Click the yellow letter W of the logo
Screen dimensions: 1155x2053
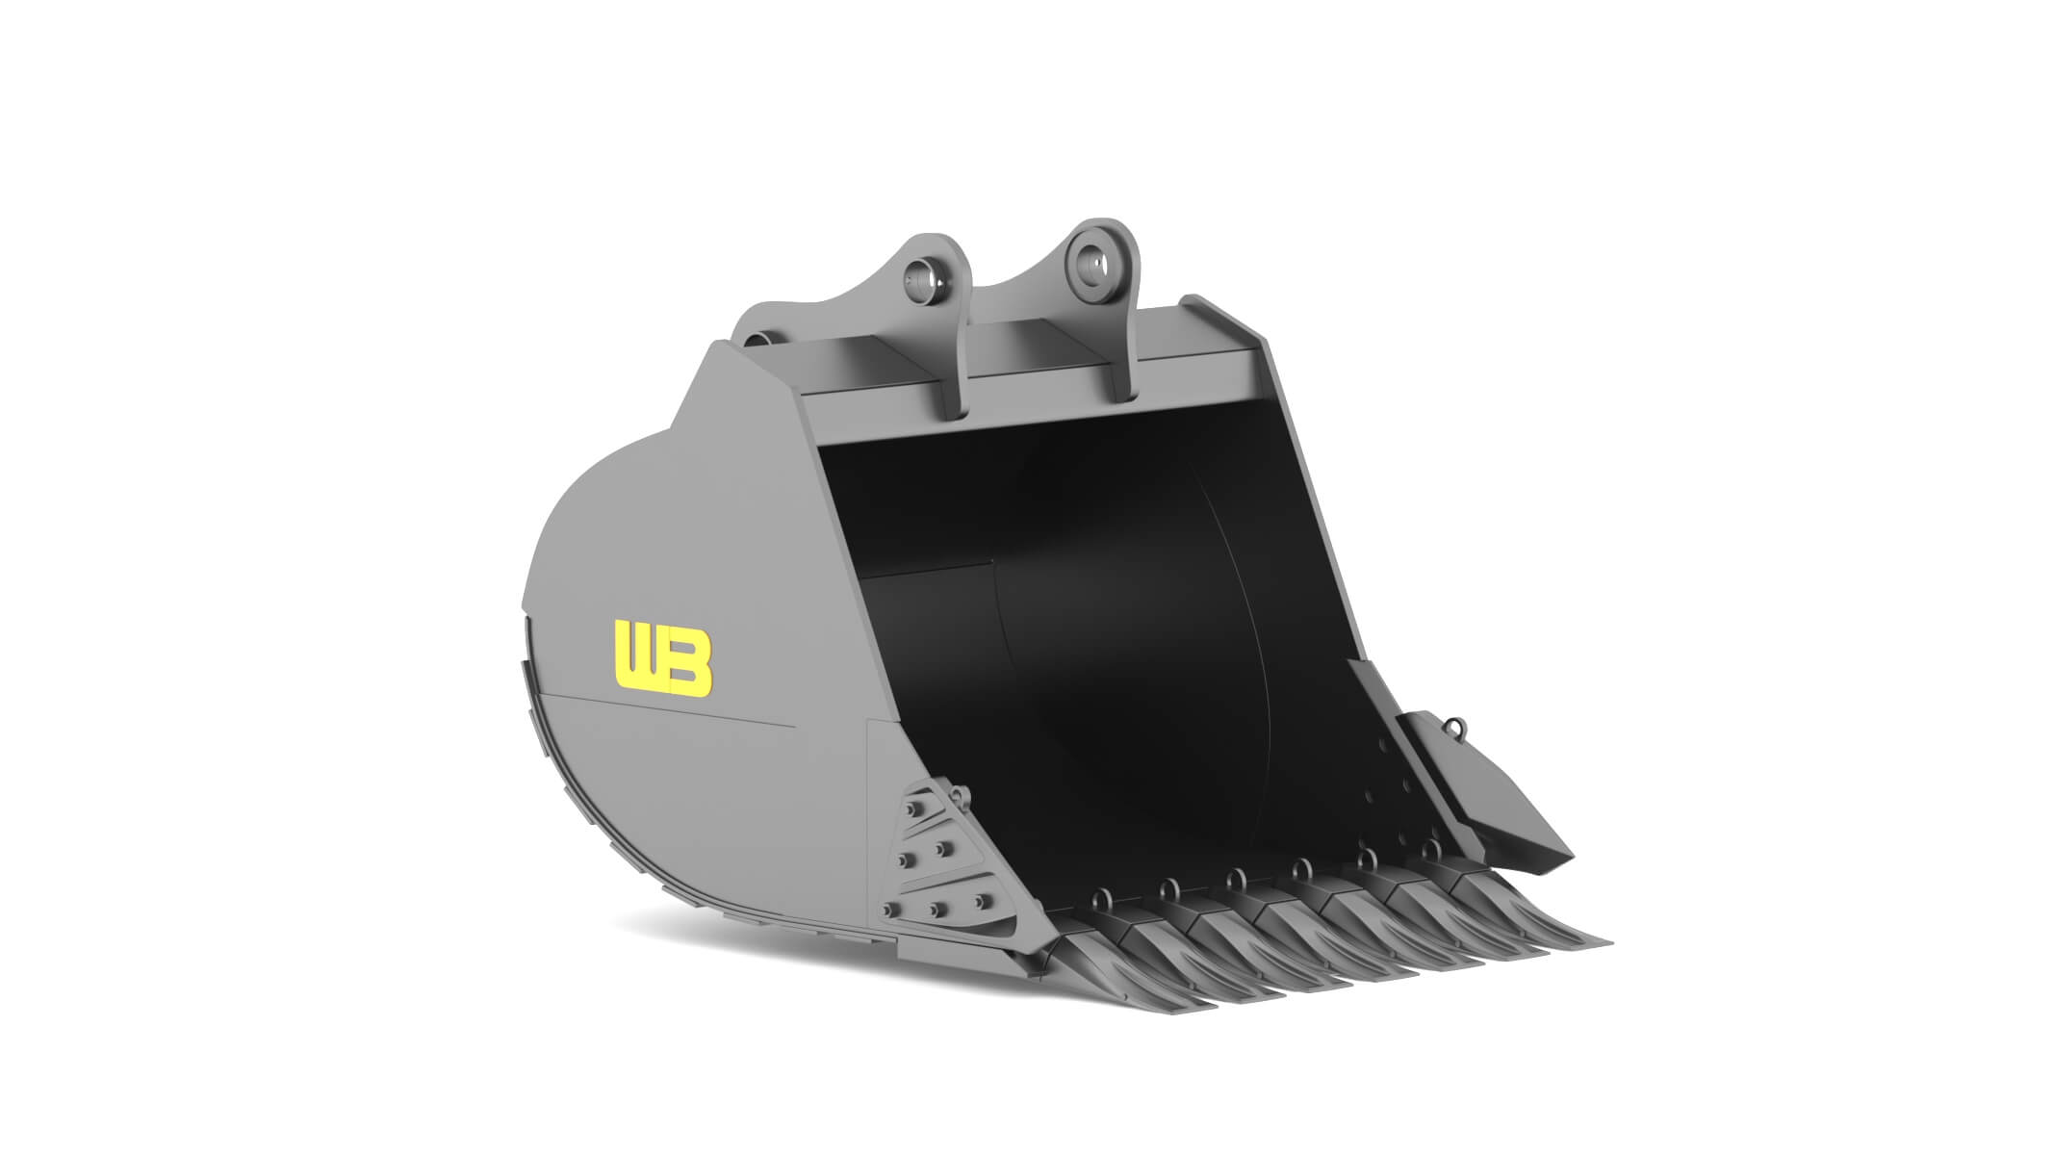636,658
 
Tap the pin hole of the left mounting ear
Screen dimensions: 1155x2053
248,278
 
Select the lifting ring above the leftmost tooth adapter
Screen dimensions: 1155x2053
1099,898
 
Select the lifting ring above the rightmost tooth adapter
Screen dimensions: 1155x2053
1431,848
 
